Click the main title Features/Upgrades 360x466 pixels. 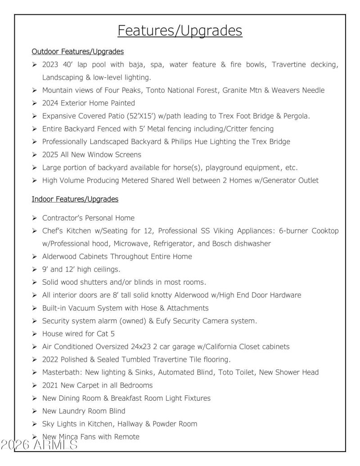[x=180, y=31]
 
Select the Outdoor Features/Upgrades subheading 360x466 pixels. [x=78, y=51]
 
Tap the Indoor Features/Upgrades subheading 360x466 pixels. [x=75, y=199]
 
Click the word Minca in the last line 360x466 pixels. [x=68, y=437]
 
